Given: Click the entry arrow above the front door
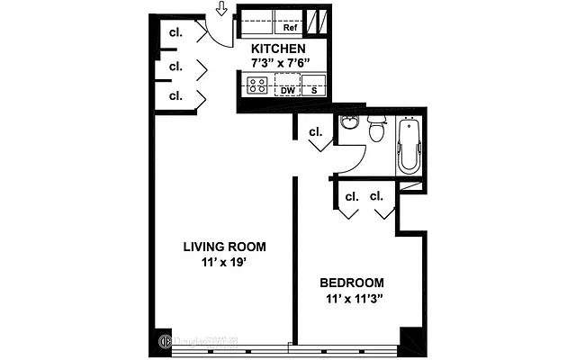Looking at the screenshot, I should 222,10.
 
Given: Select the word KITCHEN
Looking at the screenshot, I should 278,49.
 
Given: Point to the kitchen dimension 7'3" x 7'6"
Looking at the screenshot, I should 280,62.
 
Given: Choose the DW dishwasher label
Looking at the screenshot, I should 288,90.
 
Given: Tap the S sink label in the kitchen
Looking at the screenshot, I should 314,90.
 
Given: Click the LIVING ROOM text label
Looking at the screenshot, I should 224,247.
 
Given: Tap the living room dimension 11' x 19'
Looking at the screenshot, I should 224,263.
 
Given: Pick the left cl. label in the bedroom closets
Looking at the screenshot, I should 351,195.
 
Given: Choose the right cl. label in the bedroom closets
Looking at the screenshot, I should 376,195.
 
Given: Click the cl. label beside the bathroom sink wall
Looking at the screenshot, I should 316,131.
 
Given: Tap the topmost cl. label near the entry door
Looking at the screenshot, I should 176,32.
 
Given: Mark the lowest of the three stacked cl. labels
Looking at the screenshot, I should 176,94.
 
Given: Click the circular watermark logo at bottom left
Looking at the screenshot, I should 166,342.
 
